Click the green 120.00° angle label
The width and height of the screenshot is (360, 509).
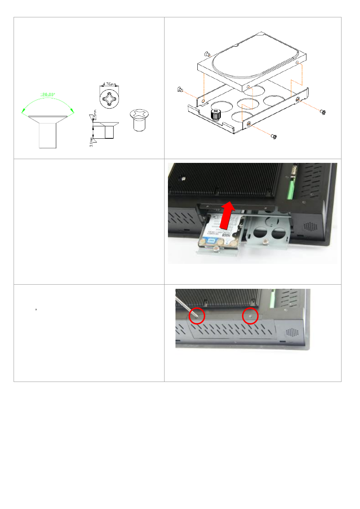pos(48,95)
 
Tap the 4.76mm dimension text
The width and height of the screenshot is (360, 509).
pos(109,84)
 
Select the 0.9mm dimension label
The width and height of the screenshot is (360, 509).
pos(95,115)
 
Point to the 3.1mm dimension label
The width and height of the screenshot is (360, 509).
pos(91,142)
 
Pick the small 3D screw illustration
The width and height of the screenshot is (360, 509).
pos(139,120)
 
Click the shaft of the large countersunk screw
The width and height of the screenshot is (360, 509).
pos(48,136)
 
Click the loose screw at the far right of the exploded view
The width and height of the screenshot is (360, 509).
pos(323,112)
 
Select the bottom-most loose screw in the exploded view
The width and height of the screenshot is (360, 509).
pos(274,136)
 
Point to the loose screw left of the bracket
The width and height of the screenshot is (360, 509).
pos(180,90)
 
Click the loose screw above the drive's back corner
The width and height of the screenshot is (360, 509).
pos(207,54)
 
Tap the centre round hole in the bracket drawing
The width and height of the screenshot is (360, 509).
pos(248,103)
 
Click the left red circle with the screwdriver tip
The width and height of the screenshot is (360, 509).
pos(197,316)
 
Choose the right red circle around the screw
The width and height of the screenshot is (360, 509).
pos(250,316)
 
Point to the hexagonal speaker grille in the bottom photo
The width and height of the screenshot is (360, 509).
pos(291,333)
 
